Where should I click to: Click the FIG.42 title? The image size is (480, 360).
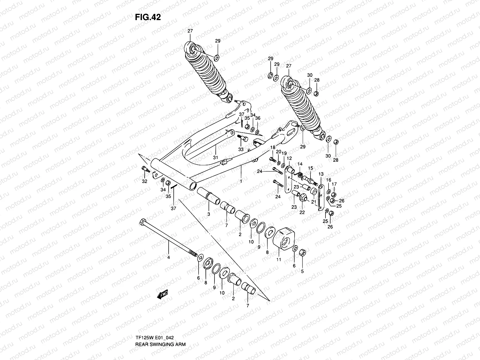tap(148, 17)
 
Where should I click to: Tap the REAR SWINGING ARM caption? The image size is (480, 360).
tap(160, 328)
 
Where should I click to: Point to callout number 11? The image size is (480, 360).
tap(279, 259)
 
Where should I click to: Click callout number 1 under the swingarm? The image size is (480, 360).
tap(241, 181)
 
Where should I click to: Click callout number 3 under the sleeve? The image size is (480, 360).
tap(208, 214)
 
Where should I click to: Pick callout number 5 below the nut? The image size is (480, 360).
tap(302, 271)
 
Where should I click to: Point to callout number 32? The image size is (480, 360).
tap(145, 181)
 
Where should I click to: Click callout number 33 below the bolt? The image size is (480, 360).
tap(241, 149)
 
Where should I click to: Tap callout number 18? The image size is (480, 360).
tap(272, 147)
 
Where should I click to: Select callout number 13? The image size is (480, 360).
tap(321, 174)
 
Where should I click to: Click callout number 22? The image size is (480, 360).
tap(302, 212)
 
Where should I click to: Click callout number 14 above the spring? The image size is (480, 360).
tap(300, 164)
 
